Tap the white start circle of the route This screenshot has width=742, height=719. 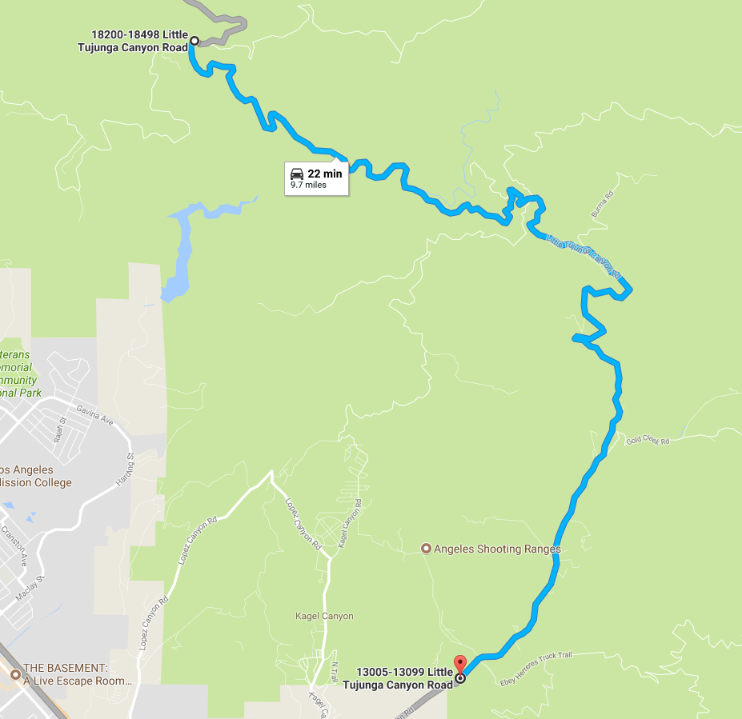[x=194, y=40]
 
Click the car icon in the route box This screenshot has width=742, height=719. [x=297, y=174]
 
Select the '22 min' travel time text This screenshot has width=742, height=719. [x=324, y=174]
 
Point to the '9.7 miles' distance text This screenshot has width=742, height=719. [x=308, y=185]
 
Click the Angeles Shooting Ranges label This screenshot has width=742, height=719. [x=497, y=549]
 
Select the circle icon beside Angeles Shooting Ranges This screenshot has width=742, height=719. [x=427, y=549]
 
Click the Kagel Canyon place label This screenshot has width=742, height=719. [x=324, y=616]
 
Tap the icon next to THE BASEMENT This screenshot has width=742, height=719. [x=15, y=674]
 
